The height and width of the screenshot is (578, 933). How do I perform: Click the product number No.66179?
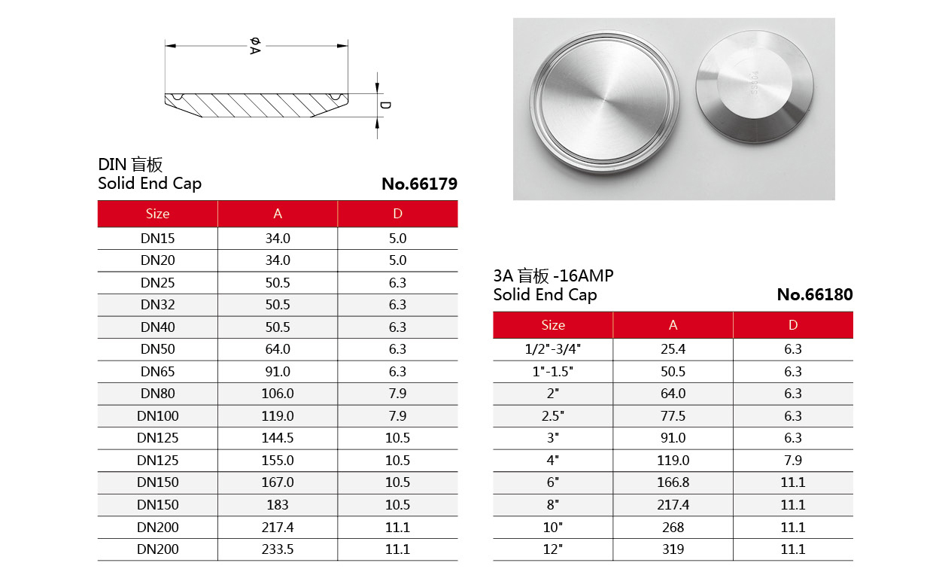tap(419, 184)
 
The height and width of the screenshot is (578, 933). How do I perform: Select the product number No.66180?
tap(815, 295)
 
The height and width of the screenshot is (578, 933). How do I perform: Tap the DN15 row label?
tap(157, 239)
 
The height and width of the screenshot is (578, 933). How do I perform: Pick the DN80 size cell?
tap(157, 394)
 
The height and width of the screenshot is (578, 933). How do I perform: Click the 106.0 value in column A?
tap(278, 394)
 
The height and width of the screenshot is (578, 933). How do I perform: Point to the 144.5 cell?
tap(278, 438)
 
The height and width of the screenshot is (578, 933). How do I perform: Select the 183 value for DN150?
tap(278, 505)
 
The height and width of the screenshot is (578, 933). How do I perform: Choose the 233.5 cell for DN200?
tap(278, 549)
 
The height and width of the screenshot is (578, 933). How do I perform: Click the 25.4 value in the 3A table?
tap(673, 349)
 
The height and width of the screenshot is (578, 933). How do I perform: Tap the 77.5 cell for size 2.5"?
tap(673, 416)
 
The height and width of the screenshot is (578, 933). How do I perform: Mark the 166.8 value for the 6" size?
tap(673, 482)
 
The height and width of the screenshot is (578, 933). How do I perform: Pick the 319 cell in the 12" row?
tap(673, 549)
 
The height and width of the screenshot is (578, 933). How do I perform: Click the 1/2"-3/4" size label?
tap(553, 349)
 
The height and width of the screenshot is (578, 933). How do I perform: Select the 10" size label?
tap(553, 528)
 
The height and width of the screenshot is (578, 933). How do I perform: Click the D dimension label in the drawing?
tap(385, 105)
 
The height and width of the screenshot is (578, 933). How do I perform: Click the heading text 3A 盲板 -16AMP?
tap(553, 276)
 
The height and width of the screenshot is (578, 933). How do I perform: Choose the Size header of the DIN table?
tap(157, 214)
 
